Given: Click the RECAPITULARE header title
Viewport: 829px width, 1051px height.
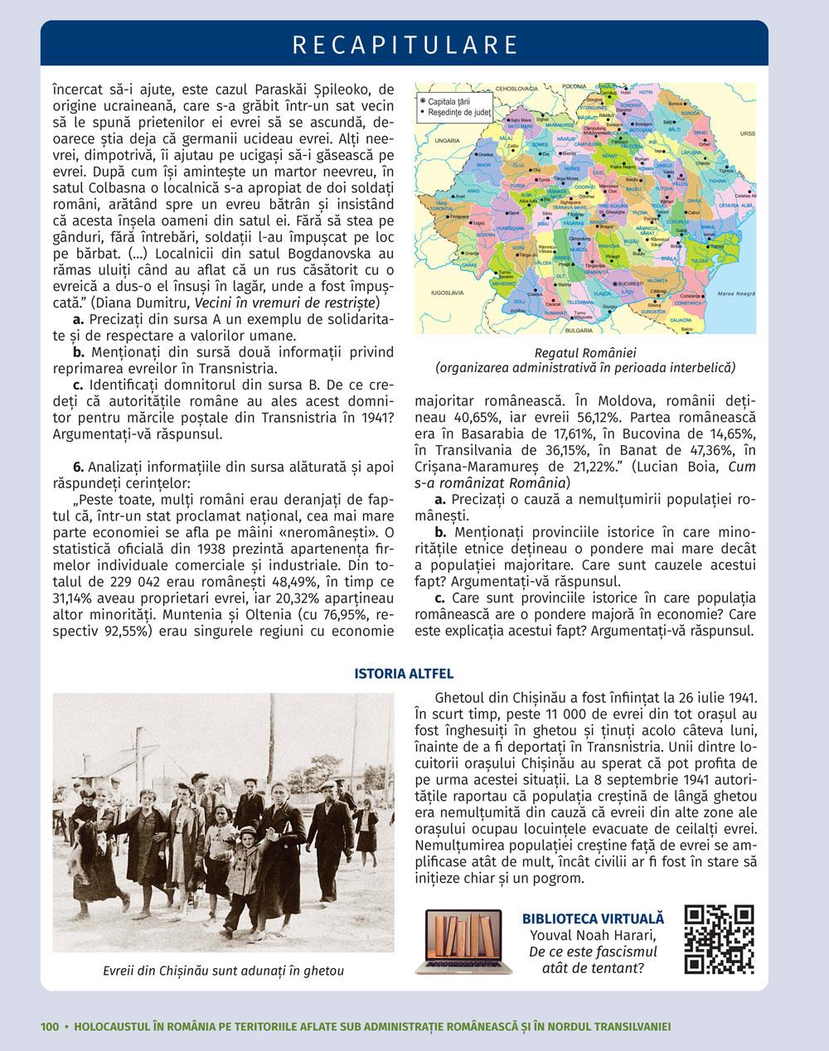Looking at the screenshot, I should (405, 44).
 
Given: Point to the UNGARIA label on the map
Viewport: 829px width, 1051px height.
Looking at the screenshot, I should (447, 141).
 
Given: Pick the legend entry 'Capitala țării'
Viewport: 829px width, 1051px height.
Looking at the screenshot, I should (450, 100).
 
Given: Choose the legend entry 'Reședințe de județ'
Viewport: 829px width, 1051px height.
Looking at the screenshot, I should (458, 111).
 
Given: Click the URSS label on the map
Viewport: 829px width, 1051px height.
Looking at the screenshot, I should (747, 133).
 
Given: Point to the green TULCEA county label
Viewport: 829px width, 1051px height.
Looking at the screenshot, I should (699, 261).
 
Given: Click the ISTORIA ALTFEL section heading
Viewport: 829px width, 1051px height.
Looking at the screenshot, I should (404, 674).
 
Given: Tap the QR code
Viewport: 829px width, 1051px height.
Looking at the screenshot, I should (719, 939).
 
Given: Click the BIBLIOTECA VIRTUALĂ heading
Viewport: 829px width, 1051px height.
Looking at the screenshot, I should (593, 918).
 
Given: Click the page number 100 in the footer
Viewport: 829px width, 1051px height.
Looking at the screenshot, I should (50, 1026).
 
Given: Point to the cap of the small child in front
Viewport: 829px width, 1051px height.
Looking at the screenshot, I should (246, 830).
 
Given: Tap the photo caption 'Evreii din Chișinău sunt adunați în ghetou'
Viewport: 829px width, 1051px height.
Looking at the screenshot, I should (223, 971).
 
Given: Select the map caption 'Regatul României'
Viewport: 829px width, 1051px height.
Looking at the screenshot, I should (585, 352).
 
